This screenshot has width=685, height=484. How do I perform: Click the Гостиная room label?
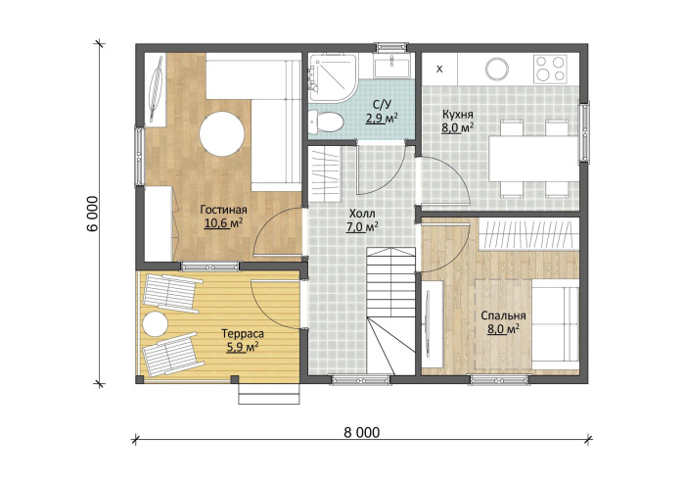(223, 210)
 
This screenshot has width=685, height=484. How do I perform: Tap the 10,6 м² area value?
(223, 223)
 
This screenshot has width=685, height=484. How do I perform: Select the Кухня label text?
(457, 115)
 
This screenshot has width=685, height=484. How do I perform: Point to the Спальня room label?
(503, 315)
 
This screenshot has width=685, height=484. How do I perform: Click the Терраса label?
(243, 334)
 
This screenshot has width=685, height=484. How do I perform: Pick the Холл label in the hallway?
(362, 214)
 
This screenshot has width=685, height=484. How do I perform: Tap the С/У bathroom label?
(382, 105)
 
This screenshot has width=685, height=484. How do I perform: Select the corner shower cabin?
(332, 77)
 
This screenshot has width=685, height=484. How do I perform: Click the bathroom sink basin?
(391, 66)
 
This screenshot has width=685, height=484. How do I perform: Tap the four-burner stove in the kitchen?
(550, 69)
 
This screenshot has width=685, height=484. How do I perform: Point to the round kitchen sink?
(497, 70)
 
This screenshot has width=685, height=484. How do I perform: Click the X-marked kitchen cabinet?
(439, 70)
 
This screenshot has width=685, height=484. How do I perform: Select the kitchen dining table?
(533, 159)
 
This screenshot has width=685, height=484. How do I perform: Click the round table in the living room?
(222, 134)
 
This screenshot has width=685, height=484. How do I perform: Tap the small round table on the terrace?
(155, 324)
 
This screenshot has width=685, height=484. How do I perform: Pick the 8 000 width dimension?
(362, 433)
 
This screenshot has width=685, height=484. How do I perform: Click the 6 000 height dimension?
(93, 214)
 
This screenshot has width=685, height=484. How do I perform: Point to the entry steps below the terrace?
(269, 394)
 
